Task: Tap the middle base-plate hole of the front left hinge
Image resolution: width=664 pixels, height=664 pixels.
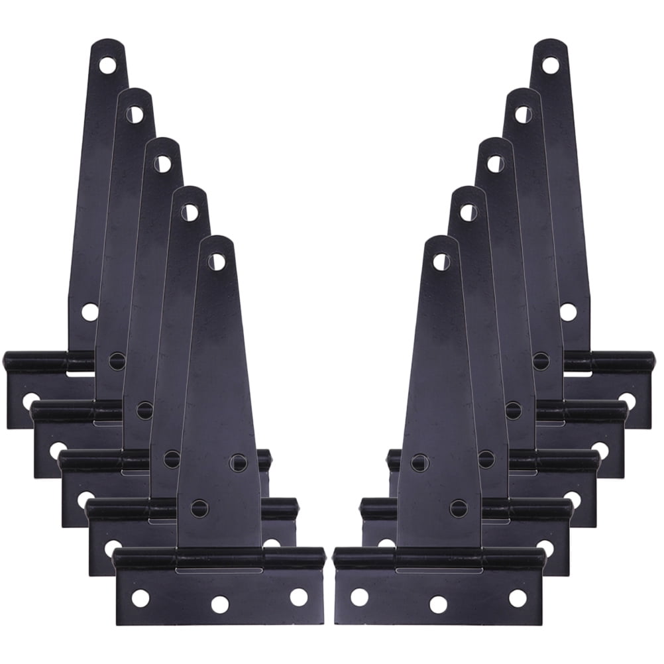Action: pyautogui.click(x=219, y=603)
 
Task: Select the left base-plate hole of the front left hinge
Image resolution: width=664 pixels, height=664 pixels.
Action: pyautogui.click(x=140, y=598)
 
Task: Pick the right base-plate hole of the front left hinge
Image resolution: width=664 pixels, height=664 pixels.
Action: pyautogui.click(x=298, y=596)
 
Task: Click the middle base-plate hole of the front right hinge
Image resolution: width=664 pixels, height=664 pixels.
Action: pyautogui.click(x=438, y=603)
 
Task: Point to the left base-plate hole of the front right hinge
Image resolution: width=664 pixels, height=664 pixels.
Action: pyautogui.click(x=359, y=596)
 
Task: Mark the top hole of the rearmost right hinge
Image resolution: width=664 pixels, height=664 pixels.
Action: pyautogui.click(x=550, y=65)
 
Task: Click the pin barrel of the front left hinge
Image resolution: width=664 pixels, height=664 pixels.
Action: pyautogui.click(x=219, y=558)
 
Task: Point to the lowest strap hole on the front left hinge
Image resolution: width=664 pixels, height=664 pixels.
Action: pyautogui.click(x=199, y=508)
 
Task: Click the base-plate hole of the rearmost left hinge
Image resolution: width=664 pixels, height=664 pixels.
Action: pyautogui.click(x=30, y=400)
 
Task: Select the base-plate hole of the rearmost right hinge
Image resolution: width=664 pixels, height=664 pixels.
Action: pyautogui.click(x=627, y=400)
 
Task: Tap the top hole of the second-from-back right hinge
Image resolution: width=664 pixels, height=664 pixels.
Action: pyautogui.click(x=523, y=115)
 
